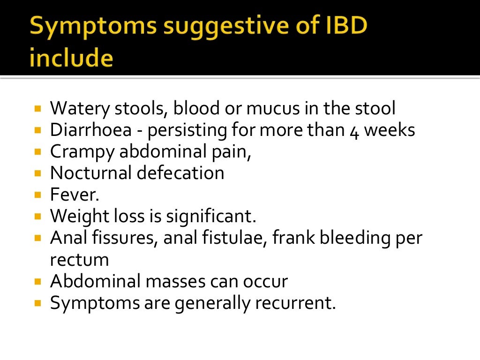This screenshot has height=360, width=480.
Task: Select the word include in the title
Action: (71, 59)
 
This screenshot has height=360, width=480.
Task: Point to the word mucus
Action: (271, 109)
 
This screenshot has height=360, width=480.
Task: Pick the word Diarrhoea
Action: (90, 130)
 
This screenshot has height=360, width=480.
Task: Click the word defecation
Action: (181, 173)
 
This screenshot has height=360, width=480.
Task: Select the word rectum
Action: (79, 260)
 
